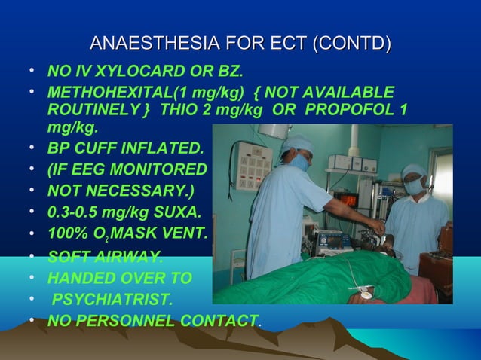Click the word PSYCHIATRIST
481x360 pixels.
pos(112,301)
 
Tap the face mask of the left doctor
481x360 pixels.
pos(300,162)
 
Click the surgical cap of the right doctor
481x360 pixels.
pos(414,170)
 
